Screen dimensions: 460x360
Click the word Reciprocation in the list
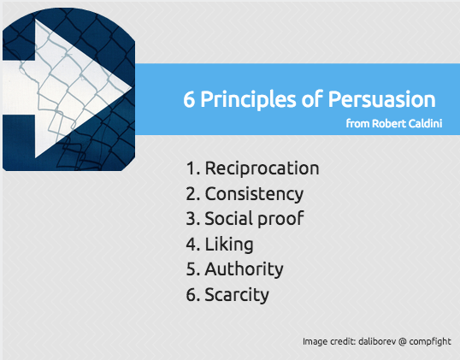(262, 168)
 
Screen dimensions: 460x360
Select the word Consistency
(254, 194)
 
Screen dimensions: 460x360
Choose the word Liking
(229, 245)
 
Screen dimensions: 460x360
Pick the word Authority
(244, 269)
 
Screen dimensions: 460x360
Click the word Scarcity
(237, 294)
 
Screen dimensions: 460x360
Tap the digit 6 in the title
(189, 99)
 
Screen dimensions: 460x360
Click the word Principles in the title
(248, 100)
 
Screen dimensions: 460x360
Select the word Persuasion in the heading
(381, 99)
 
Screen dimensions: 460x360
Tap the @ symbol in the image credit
(403, 341)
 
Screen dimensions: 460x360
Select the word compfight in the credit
(430, 342)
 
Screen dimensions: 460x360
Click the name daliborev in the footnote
(377, 341)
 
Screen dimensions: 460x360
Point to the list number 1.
(193, 168)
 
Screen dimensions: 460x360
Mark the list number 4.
(193, 245)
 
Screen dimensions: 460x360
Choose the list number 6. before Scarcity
(193, 295)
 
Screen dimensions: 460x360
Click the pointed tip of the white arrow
(132, 87)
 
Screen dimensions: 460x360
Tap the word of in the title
(312, 99)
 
